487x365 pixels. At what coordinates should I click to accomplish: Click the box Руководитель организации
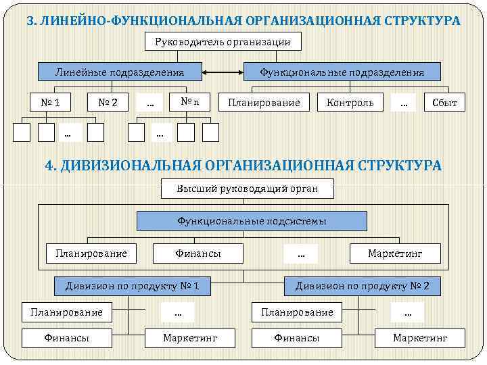coord(223,42)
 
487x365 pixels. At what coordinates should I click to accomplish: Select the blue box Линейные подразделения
coord(119,72)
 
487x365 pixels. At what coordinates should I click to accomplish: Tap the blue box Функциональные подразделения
coord(342,72)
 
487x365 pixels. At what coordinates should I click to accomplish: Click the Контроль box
coord(350,103)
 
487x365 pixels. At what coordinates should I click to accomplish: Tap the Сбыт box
coord(444,103)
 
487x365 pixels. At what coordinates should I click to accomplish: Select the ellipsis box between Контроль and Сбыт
coord(404,102)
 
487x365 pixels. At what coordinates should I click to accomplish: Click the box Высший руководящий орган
coord(248,188)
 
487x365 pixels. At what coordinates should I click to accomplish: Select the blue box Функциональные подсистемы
coord(252,221)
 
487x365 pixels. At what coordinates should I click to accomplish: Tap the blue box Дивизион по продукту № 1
coord(132,286)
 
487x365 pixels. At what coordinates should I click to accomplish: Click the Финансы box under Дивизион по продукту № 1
coord(67,337)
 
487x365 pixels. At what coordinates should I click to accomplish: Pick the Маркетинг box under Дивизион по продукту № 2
coord(420,337)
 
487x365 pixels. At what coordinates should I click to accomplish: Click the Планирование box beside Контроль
coord(264,103)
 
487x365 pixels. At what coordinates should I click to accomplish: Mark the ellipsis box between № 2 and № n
coord(149,102)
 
